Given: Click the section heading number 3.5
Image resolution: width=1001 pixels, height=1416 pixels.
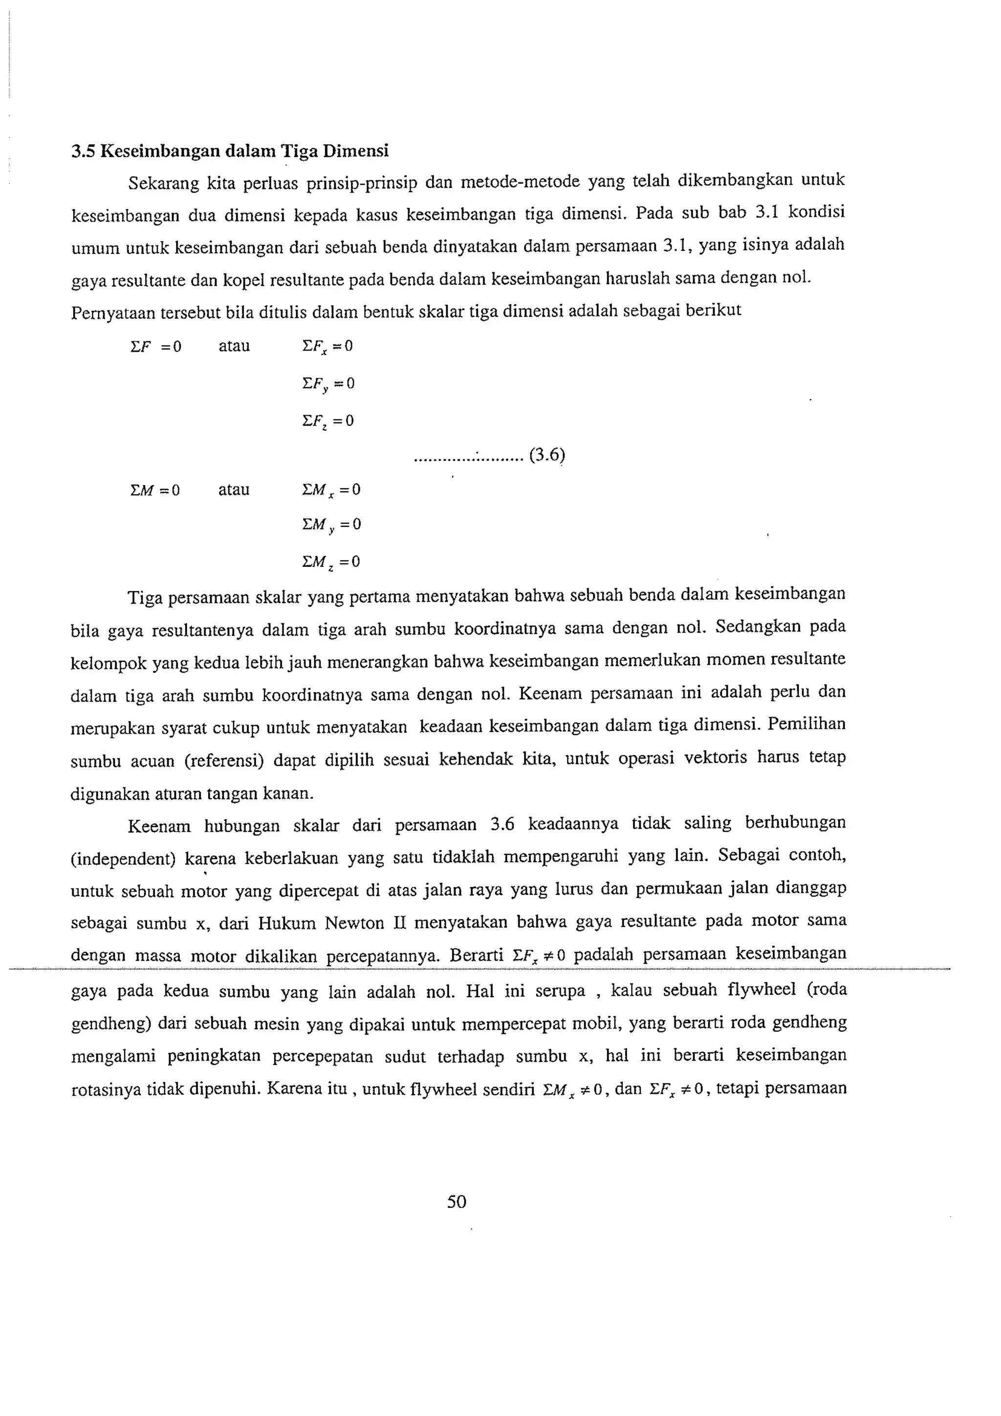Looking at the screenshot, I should (83, 151).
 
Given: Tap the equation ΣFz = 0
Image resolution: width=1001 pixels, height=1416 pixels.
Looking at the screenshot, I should (328, 422).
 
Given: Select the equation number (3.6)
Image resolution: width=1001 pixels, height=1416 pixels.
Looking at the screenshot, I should (547, 455).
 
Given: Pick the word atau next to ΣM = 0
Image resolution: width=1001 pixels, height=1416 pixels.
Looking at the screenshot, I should (234, 490).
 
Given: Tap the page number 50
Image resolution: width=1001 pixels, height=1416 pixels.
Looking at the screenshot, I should (457, 1201).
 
